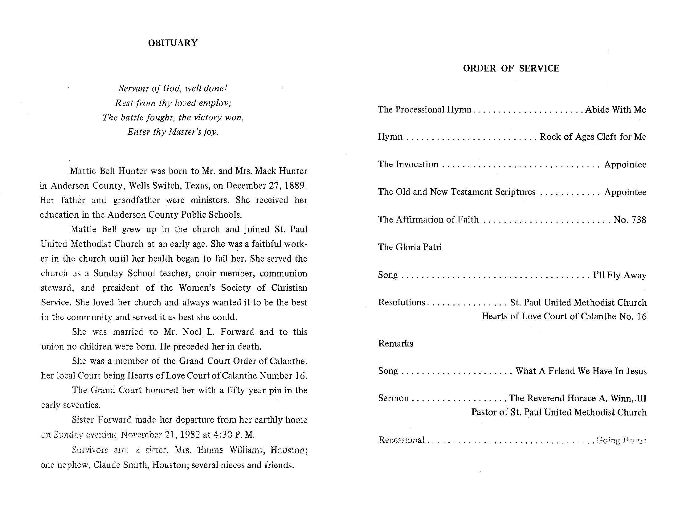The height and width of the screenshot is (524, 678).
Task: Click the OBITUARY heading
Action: [173, 43]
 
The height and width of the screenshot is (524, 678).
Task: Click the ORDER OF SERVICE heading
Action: [511, 68]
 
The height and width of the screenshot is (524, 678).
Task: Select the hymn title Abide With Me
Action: [615, 110]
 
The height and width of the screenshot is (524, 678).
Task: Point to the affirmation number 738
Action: [636, 220]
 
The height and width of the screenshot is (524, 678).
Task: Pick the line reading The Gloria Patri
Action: [410, 247]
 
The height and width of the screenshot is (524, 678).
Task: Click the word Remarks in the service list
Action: [395, 343]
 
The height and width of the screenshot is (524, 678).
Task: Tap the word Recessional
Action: [401, 440]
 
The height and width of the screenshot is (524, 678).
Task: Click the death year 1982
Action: [190, 434]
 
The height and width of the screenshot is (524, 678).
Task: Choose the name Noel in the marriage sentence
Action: [193, 332]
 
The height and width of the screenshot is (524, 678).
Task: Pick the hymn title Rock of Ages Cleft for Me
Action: [593, 137]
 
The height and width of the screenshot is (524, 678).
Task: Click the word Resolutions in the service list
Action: [401, 302]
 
